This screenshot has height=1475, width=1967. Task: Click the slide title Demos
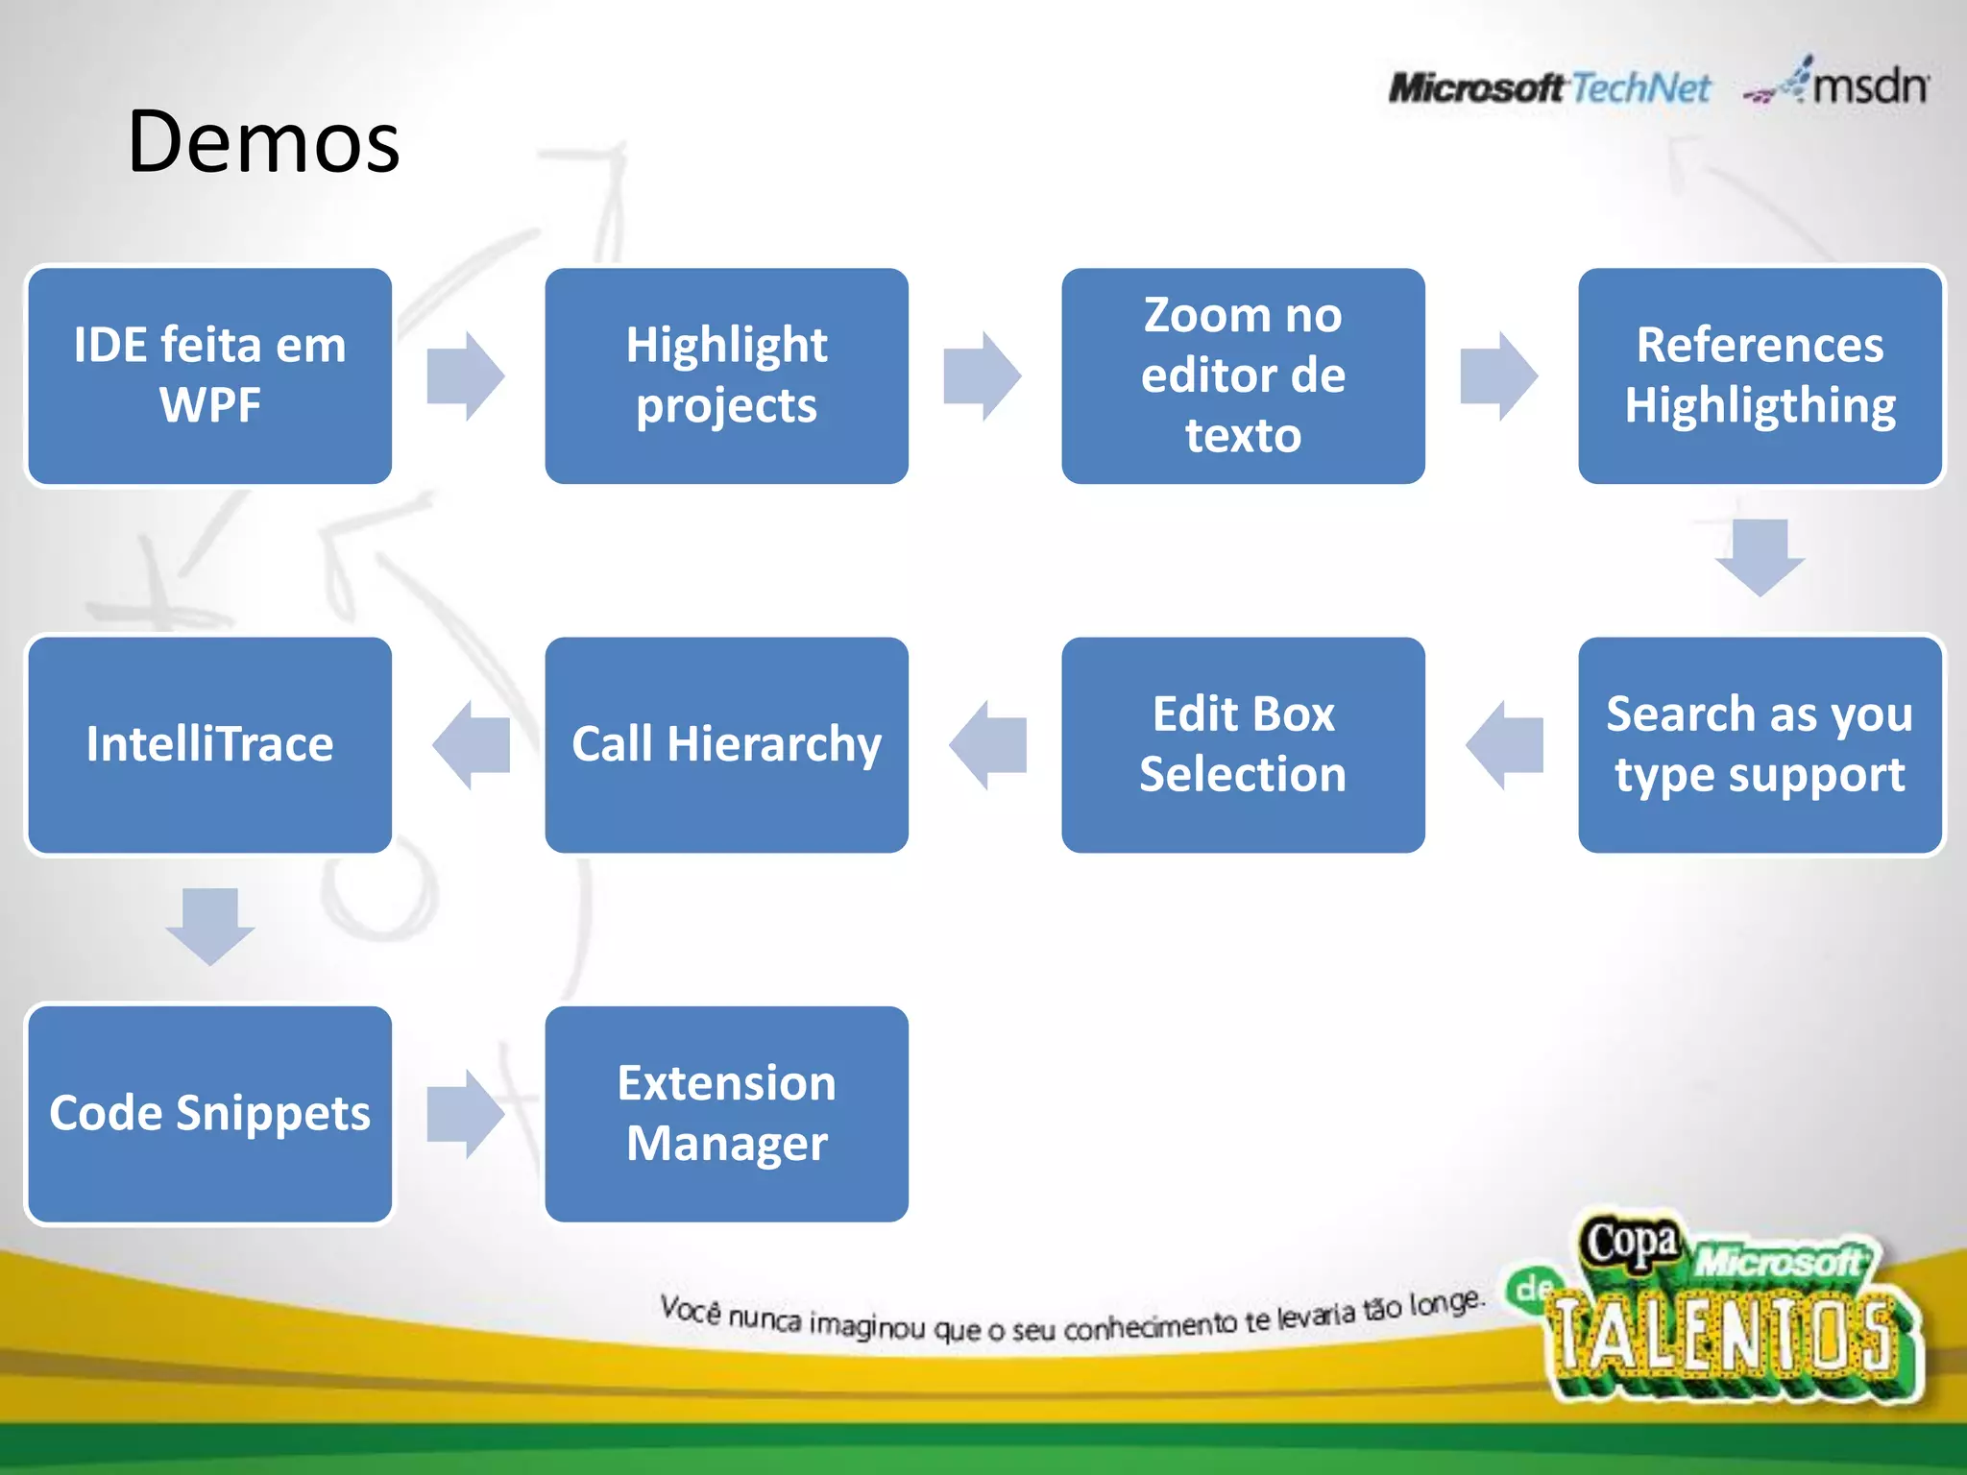click(263, 142)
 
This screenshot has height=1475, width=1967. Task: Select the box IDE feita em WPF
click(209, 375)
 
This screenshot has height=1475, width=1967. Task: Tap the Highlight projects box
click(726, 375)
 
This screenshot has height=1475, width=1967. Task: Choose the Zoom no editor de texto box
click(1243, 375)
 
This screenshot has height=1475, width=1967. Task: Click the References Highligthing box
click(1760, 375)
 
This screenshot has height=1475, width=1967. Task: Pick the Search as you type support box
click(1760, 744)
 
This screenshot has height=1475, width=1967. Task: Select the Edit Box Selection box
click(1243, 744)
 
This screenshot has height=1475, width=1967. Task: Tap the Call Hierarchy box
click(726, 744)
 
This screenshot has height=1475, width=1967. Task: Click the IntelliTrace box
click(209, 744)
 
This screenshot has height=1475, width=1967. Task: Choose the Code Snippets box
click(209, 1114)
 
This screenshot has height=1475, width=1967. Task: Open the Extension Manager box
click(726, 1114)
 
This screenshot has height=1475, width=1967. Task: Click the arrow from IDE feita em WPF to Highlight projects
click(466, 376)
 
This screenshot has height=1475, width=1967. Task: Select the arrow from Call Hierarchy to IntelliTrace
click(471, 745)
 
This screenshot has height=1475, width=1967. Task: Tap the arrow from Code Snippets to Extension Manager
click(466, 1114)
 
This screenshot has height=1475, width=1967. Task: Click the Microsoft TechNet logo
click(1548, 88)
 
